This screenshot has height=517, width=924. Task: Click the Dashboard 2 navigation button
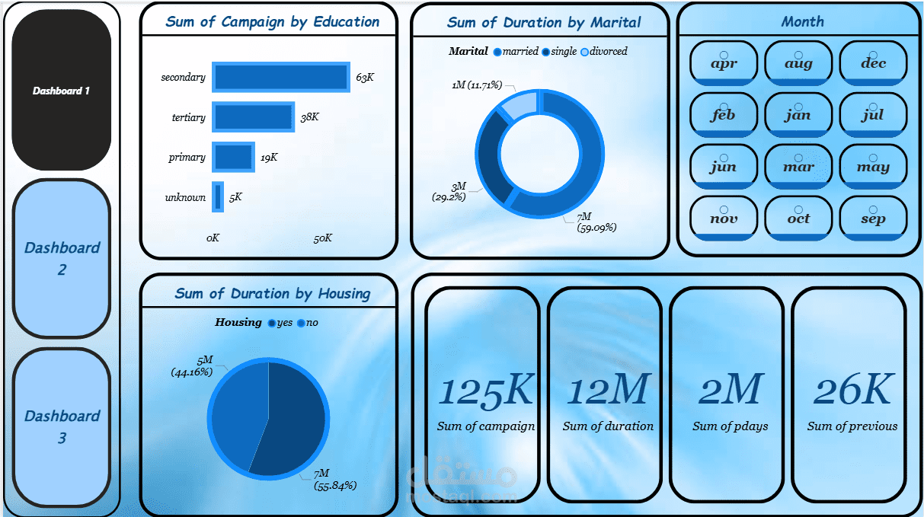[62, 259]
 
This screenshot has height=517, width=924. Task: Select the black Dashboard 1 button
[62, 91]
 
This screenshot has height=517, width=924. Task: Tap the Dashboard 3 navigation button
[62, 426]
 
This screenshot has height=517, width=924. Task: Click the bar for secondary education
[280, 78]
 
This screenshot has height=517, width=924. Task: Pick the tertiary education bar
[253, 117]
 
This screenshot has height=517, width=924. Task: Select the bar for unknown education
[218, 197]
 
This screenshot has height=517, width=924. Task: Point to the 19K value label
[269, 158]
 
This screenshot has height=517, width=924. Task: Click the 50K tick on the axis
[322, 238]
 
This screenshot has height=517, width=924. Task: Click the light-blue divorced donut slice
[522, 104]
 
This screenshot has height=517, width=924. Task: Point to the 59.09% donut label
[596, 227]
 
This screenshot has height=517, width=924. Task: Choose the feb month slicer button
[723, 115]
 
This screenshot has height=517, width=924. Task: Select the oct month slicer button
[798, 219]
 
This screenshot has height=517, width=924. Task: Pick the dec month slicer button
[873, 63]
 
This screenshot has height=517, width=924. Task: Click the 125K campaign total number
[486, 390]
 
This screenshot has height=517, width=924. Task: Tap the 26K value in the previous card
[852, 390]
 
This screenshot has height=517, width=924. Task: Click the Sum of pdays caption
[730, 426]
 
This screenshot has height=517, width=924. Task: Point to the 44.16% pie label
[191, 372]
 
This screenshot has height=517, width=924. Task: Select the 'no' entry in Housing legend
[312, 323]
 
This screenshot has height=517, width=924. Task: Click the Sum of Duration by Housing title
[272, 294]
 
